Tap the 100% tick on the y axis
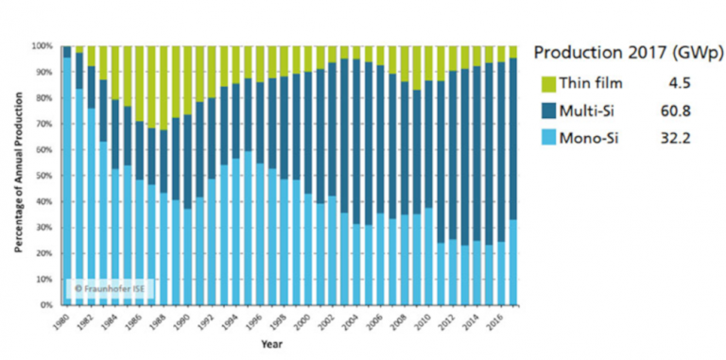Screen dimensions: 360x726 click(x=43, y=45)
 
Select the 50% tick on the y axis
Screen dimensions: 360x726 click(x=45, y=176)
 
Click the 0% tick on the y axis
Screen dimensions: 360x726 click(x=47, y=305)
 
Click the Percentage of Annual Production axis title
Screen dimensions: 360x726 click(x=19, y=176)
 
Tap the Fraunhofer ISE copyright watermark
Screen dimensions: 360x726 click(x=105, y=286)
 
